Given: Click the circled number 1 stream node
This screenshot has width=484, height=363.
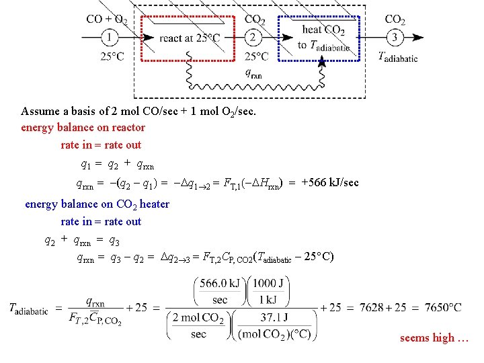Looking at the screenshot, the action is [108, 37].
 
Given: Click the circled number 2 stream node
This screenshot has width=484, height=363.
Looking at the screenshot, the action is [253, 37].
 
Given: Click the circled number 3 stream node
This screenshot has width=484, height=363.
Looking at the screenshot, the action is [395, 37].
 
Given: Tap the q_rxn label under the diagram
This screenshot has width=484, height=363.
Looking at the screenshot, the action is [255, 73].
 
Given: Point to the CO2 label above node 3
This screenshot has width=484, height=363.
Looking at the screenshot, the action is [395, 19].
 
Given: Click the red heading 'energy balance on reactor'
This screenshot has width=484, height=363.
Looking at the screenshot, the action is [83, 127].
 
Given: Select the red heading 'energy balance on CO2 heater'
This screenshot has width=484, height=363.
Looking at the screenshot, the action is [97, 204].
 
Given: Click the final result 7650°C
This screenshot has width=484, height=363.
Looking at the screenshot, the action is [439, 307].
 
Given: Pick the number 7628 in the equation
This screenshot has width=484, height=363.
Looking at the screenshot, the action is [372, 307].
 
